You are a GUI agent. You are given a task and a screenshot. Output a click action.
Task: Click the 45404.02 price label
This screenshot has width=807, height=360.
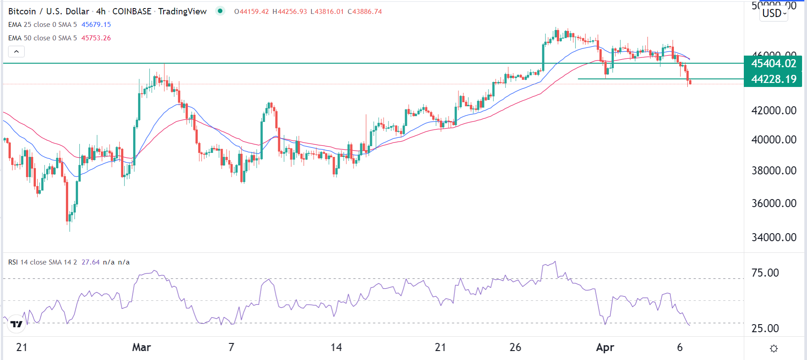click(x=773, y=64)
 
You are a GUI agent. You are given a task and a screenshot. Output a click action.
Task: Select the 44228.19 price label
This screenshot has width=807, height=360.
click(x=773, y=79)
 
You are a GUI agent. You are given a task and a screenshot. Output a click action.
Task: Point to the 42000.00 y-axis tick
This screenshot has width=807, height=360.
click(x=774, y=111)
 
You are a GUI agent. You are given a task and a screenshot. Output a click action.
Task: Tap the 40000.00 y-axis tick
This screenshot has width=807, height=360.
click(x=774, y=140)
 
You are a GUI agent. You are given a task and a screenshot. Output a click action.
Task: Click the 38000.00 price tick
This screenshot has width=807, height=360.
click(x=774, y=171)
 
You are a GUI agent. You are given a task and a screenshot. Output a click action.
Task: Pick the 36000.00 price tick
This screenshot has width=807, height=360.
click(x=774, y=204)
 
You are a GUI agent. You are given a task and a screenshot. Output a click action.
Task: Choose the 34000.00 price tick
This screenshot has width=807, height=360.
click(x=774, y=238)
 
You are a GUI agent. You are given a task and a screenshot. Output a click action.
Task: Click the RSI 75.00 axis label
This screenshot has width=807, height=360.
click(x=765, y=273)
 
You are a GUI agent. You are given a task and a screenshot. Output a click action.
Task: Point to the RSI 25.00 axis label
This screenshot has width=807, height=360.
click(x=765, y=329)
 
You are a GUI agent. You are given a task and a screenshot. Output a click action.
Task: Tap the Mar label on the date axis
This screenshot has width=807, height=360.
click(x=142, y=347)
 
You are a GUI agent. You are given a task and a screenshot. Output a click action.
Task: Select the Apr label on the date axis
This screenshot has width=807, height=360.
click(x=605, y=347)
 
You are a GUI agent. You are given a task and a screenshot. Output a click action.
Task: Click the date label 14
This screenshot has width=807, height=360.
click(x=336, y=347)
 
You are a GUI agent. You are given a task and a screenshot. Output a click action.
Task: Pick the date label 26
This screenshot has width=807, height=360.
click(x=515, y=347)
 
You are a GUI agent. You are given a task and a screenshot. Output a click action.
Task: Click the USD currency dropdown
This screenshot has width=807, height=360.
click(x=774, y=13)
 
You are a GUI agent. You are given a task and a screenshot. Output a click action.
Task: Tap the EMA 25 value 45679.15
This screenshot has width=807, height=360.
click(x=96, y=25)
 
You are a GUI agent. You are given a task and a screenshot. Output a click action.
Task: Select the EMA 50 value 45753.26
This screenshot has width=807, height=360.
click(x=96, y=38)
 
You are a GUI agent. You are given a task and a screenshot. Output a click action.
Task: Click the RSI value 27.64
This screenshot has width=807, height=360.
click(x=91, y=262)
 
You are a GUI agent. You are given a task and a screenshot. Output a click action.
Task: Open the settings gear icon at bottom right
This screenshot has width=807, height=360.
click(x=774, y=348)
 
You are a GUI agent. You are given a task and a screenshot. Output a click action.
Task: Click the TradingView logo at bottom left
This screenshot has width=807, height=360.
click(x=17, y=324)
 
